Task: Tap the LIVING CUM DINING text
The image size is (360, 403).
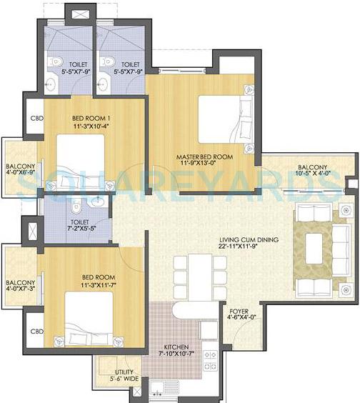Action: click(x=249, y=239)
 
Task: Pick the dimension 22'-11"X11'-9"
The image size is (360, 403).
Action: click(x=249, y=247)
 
